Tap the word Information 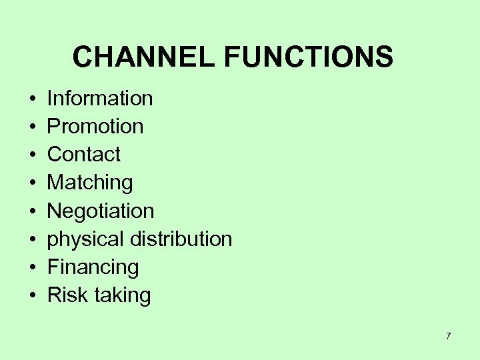pyautogui.click(x=100, y=99)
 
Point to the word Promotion pyautogui.click(x=95, y=127)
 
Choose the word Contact pyautogui.click(x=84, y=155)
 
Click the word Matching pyautogui.click(x=90, y=183)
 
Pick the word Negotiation pyautogui.click(x=101, y=211)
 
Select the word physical pyautogui.click(x=85, y=239)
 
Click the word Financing pyautogui.click(x=93, y=267)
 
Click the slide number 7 pyautogui.click(x=448, y=336)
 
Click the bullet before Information pyautogui.click(x=32, y=99)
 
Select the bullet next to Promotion pyautogui.click(x=32, y=127)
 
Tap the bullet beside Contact pyautogui.click(x=32, y=155)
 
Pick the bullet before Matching pyautogui.click(x=32, y=183)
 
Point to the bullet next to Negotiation pyautogui.click(x=32, y=212)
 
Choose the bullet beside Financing pyautogui.click(x=32, y=268)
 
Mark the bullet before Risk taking pyautogui.click(x=32, y=296)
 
